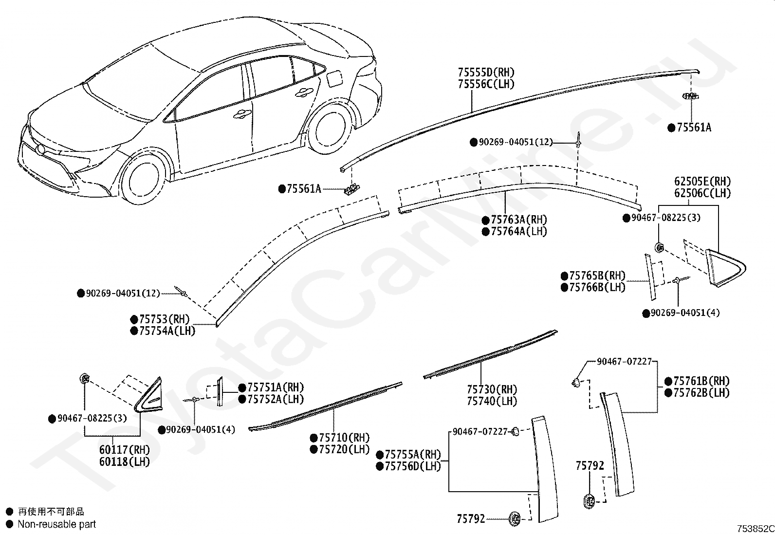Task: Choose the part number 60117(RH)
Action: (x=125, y=450)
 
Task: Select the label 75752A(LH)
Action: (x=276, y=399)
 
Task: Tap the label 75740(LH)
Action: (x=492, y=401)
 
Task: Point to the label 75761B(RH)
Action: (x=701, y=381)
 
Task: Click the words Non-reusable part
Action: (x=57, y=524)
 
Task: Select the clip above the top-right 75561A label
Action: (x=690, y=96)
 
